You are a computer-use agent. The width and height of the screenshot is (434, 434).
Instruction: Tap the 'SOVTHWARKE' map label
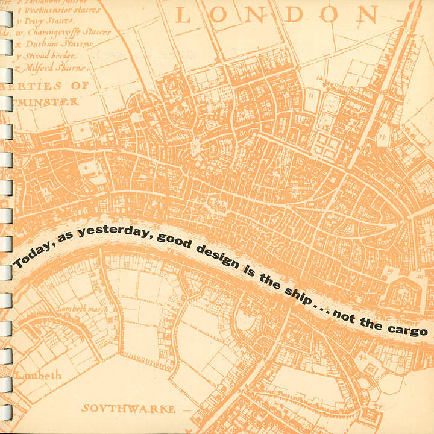pyautogui.click(x=128, y=408)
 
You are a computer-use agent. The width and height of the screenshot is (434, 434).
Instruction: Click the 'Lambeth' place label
pyautogui.click(x=39, y=374)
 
